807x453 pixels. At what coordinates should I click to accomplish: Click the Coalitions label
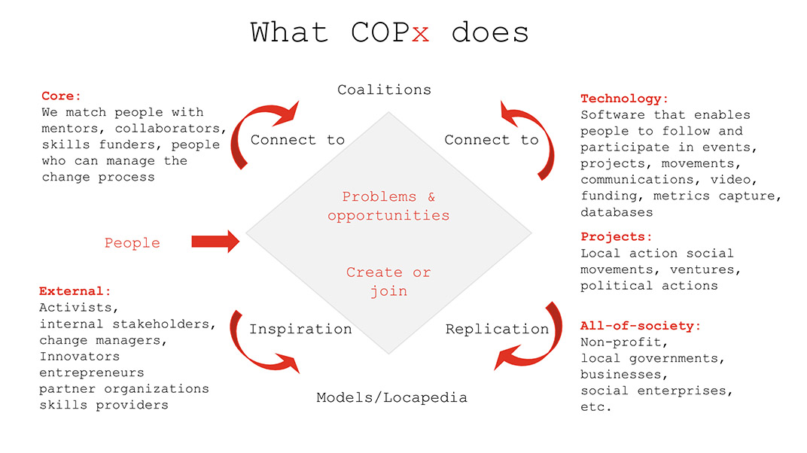(385, 90)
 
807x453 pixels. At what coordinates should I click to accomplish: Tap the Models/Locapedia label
(391, 397)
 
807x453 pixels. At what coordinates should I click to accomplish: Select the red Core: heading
(61, 96)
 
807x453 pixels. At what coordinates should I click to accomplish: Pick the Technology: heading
(624, 99)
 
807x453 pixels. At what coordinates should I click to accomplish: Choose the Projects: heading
(616, 237)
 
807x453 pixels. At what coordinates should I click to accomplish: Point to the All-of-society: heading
(640, 326)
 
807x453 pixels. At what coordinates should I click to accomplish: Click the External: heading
(75, 291)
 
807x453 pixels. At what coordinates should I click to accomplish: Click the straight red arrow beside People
(215, 242)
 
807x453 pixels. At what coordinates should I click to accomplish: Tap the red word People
(132, 243)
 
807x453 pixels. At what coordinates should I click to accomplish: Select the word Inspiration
(300, 329)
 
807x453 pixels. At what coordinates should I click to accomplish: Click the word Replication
(497, 329)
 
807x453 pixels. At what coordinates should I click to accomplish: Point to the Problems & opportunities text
(388, 206)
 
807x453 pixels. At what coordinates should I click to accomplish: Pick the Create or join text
(388, 281)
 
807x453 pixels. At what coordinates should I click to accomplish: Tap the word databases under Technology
(617, 212)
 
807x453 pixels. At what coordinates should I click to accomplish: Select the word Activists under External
(79, 308)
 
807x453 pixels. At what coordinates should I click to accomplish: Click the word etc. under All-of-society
(596, 407)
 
